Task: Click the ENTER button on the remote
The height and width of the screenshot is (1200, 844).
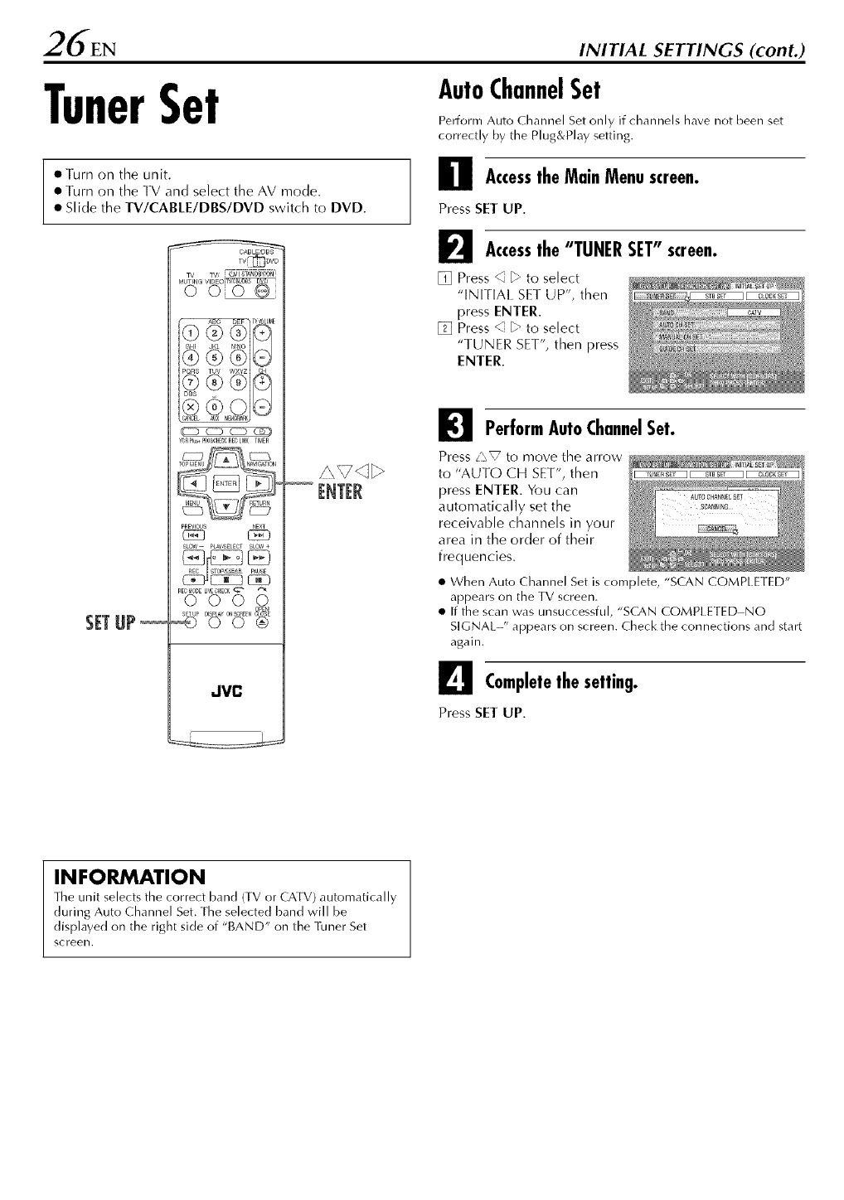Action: point(225,483)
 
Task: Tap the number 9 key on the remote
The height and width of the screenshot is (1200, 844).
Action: point(240,384)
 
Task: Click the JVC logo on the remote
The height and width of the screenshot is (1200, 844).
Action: point(225,692)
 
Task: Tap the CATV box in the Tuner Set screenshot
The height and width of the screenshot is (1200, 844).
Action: point(754,312)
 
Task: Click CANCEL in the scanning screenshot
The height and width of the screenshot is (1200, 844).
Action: point(717,530)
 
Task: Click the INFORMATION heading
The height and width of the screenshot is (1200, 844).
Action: point(117,877)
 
